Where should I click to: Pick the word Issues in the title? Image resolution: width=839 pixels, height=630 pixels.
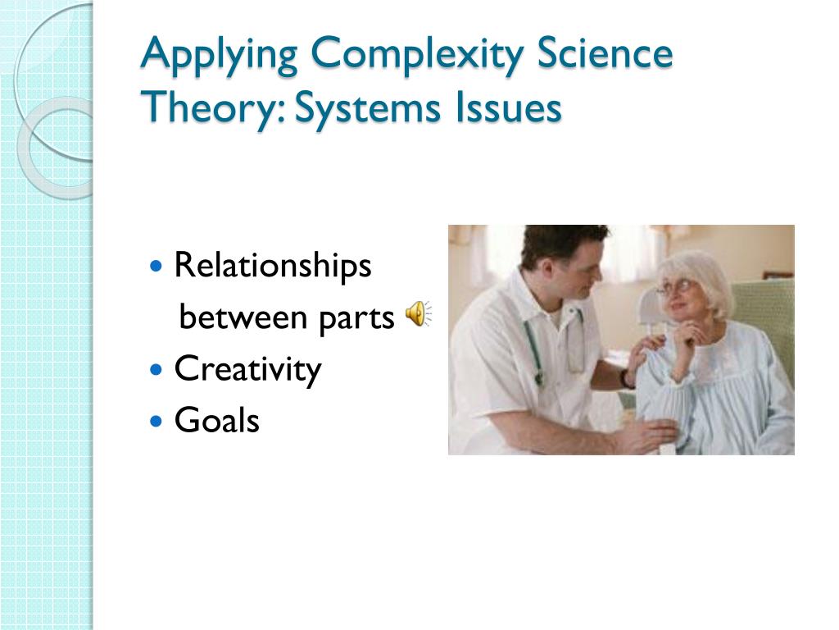click(x=507, y=108)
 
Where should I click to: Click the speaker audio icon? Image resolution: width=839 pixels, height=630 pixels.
click(x=417, y=313)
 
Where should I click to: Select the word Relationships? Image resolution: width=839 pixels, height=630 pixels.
click(x=273, y=267)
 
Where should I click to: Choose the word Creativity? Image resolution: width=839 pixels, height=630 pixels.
click(x=247, y=370)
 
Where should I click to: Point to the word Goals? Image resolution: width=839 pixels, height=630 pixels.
click(x=216, y=421)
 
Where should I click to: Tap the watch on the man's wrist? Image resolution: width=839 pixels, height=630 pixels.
click(x=627, y=379)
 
